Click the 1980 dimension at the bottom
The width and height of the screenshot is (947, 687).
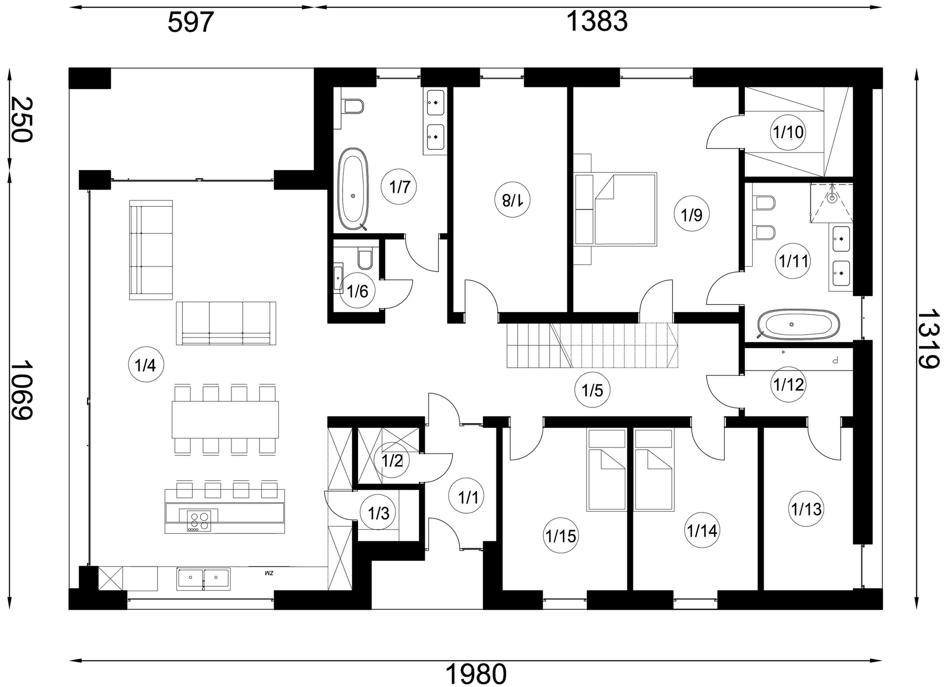(x=476, y=674)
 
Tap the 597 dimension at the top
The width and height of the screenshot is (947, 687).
(x=191, y=22)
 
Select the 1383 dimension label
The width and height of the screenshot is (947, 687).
(x=597, y=21)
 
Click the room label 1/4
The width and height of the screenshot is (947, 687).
(x=146, y=365)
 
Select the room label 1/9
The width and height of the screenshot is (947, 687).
(x=691, y=215)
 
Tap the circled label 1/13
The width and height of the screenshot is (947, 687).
(x=806, y=509)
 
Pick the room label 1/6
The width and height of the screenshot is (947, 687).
(x=358, y=291)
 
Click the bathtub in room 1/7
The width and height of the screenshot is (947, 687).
(x=353, y=189)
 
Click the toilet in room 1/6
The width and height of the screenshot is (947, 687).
(x=365, y=259)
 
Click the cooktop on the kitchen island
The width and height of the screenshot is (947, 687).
(x=199, y=521)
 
